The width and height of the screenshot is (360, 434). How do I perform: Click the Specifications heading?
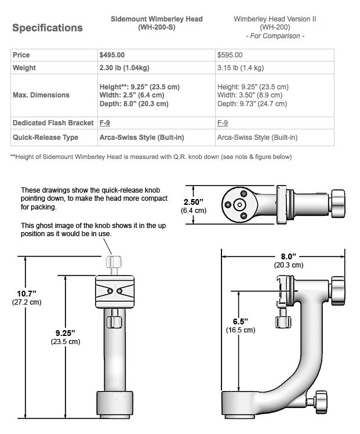click(x=48, y=28)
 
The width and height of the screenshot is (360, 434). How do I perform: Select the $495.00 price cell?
click(x=112, y=55)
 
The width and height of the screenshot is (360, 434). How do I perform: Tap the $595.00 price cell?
click(x=230, y=55)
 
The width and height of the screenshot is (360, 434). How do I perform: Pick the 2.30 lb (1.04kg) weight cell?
click(x=125, y=67)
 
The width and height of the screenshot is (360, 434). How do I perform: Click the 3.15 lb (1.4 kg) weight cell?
click(x=241, y=67)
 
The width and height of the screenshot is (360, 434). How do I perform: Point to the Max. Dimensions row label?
click(x=41, y=95)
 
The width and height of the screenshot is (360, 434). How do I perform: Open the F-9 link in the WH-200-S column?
click(x=105, y=122)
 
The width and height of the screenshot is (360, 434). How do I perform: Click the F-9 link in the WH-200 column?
click(x=223, y=122)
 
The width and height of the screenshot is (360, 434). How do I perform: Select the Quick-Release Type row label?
click(x=46, y=138)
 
